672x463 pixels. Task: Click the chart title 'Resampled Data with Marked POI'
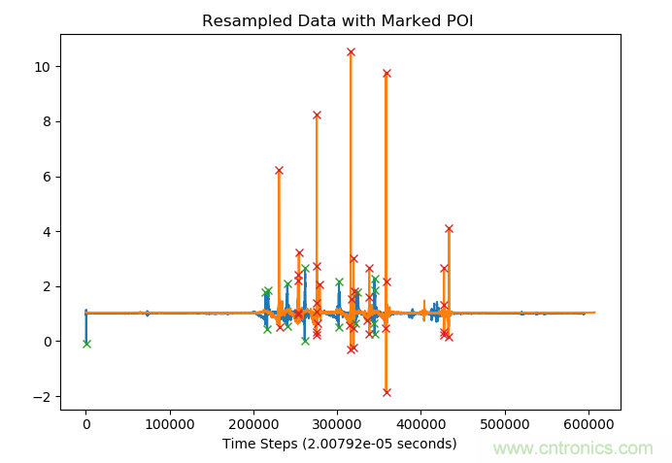pos(337,20)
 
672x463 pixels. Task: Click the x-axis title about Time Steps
pos(339,444)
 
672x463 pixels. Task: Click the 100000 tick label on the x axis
pos(170,424)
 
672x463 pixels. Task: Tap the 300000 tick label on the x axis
pos(338,424)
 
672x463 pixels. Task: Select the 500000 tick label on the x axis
pos(506,424)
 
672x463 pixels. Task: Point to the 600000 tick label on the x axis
pos(589,424)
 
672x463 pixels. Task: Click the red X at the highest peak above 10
pos(351,51)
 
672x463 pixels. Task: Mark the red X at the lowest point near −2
pos(386,392)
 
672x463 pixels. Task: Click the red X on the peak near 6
pos(279,170)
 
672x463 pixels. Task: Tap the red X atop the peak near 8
pos(317,115)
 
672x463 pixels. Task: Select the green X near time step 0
pos(86,344)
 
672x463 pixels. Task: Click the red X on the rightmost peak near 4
pos(449,228)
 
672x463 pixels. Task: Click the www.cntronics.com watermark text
pos(573,448)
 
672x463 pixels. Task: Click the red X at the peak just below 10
pos(386,73)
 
